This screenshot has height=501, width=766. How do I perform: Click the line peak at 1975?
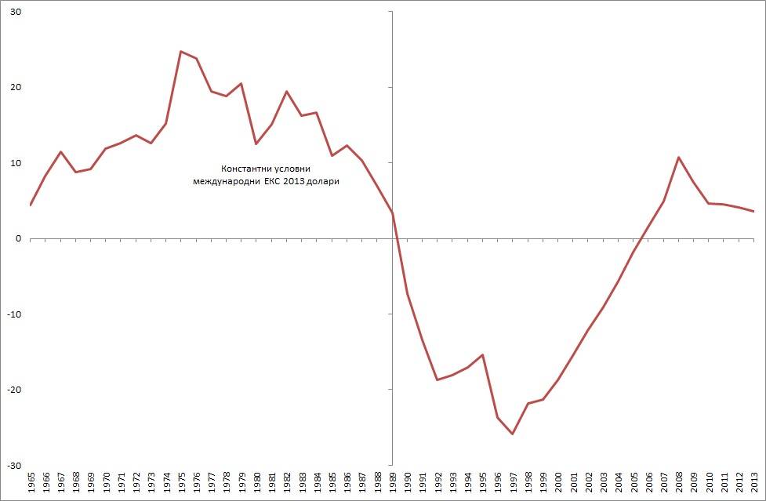(x=181, y=52)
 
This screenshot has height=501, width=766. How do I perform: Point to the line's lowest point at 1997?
(x=513, y=434)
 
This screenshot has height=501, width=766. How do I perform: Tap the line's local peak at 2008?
(x=678, y=158)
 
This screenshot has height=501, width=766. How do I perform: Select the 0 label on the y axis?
(x=18, y=238)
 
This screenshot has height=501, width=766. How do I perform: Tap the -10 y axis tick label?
(x=14, y=314)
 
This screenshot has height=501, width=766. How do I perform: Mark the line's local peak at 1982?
(x=287, y=92)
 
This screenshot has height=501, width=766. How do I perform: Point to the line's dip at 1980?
(x=256, y=143)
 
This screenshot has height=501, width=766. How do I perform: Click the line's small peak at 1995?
(x=483, y=354)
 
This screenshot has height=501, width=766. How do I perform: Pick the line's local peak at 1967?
(x=61, y=151)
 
